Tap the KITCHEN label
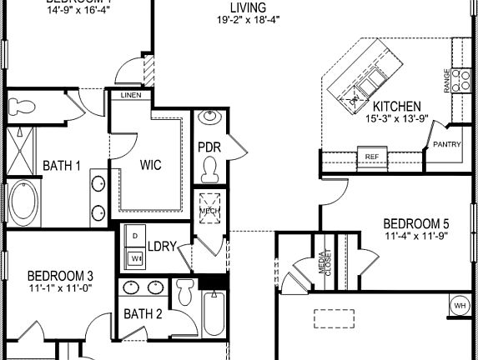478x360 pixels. pos(396,107)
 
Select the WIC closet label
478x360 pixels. pos(151,164)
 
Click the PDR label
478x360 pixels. pos(209,147)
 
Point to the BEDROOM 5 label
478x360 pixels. pos(416,223)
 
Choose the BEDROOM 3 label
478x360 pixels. pos(60,276)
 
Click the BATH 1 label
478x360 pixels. pos(62,165)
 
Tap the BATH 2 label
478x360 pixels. pos(143,314)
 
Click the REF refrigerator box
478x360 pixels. pos(371,156)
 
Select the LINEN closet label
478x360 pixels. pos(131,96)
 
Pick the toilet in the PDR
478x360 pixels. pos(209,171)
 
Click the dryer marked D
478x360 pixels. pos(135,237)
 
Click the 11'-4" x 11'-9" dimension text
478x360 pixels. pos(416,236)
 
